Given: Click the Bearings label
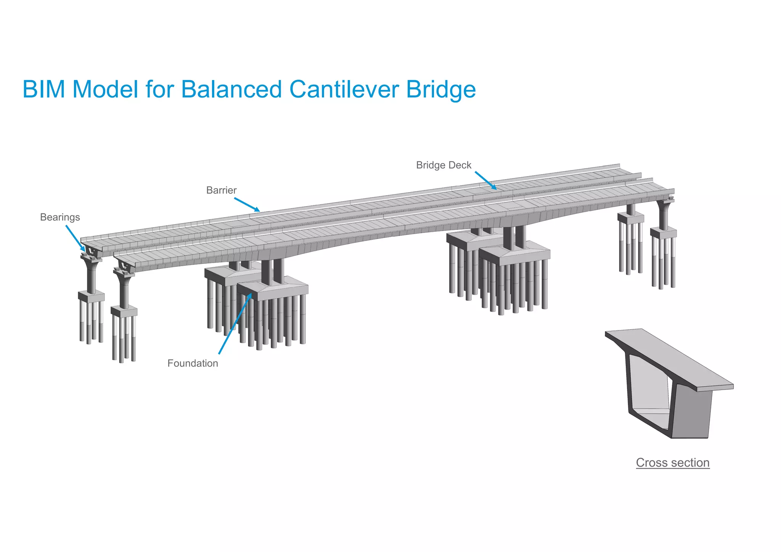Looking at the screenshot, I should pos(60,217).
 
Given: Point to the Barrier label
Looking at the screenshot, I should pos(221,190).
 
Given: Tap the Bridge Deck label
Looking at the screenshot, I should pos(444,165).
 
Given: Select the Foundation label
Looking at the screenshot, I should pos(193,363).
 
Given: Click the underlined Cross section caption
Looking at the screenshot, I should pos(673,462).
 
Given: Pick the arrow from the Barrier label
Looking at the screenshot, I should pos(247,204).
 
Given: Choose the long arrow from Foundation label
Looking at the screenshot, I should pos(235,324).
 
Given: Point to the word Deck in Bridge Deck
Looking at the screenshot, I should pos(461,165).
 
